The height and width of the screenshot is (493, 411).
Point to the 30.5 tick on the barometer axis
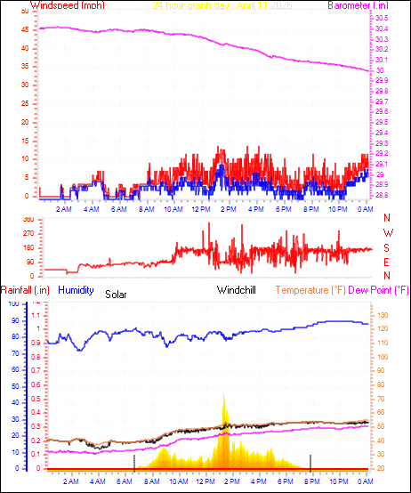(380, 18)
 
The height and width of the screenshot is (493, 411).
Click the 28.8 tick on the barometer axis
(380, 195)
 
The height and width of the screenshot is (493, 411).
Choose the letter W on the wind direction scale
(387, 233)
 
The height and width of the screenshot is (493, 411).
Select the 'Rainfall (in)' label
(25, 290)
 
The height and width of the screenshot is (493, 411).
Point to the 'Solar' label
(117, 294)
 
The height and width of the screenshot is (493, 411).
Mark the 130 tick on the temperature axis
(380, 315)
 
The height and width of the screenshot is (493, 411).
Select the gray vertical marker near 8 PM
(310, 462)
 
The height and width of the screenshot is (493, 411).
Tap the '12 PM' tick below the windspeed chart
(200, 209)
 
